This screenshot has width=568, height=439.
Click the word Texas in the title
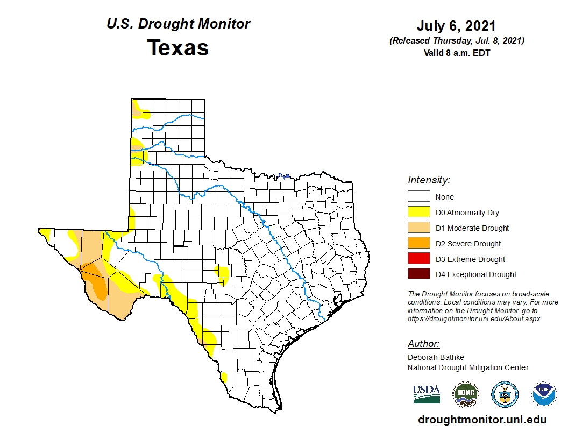(178, 48)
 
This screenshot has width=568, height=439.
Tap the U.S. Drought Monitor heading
(178, 24)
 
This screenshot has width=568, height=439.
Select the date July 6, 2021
(456, 26)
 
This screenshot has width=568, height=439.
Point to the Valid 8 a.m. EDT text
(456, 53)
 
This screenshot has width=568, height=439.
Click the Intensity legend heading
(429, 180)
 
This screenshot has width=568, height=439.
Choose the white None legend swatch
(418, 197)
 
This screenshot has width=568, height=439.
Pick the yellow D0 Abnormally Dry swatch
(418, 213)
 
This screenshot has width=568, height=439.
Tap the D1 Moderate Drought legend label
(472, 228)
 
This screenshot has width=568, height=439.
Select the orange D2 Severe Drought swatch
(418, 244)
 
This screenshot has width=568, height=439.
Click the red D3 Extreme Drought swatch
(418, 259)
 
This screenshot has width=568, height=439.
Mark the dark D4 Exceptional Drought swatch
(418, 274)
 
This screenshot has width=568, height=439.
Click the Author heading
(423, 344)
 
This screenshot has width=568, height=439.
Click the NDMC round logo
(465, 394)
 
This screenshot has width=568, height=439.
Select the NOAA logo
(543, 394)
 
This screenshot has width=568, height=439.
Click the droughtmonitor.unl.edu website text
(482, 420)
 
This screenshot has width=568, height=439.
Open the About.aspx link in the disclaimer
(473, 319)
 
